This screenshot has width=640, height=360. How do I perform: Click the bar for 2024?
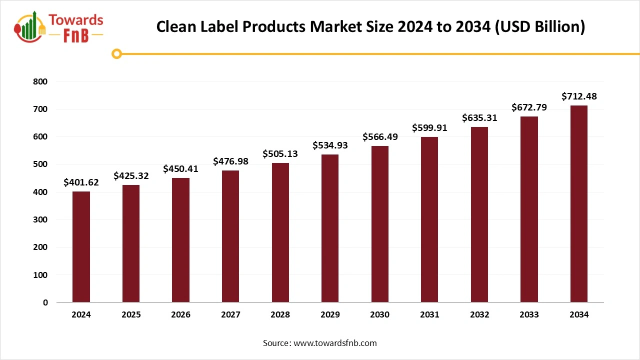pyautogui.click(x=81, y=247)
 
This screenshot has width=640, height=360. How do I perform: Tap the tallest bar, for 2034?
pyautogui.click(x=578, y=204)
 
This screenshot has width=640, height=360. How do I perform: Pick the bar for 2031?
pyautogui.click(x=429, y=219)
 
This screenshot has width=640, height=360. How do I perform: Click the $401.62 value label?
pyautogui.click(x=81, y=182)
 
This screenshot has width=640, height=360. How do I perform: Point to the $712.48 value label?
pyautogui.click(x=579, y=96)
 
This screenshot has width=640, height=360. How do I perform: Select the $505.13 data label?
pyautogui.click(x=280, y=153)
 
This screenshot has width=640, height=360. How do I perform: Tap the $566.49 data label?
pyautogui.click(x=380, y=136)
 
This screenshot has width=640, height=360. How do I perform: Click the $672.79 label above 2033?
pyautogui.click(x=529, y=107)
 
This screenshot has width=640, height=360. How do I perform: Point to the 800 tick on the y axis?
pyautogui.click(x=41, y=81)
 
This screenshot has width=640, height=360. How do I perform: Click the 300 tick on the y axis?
pyautogui.click(x=41, y=219)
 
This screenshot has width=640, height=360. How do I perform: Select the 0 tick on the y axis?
pyautogui.click(x=45, y=302)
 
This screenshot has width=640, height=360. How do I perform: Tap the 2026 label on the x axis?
pyautogui.click(x=180, y=315)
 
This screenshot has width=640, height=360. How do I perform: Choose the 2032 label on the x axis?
pyautogui.click(x=479, y=315)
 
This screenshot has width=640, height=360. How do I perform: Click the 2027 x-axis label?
pyautogui.click(x=230, y=315)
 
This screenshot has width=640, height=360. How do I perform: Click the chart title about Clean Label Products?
pyautogui.click(x=370, y=26)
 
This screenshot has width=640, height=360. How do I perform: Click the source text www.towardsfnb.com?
pyautogui.click(x=334, y=343)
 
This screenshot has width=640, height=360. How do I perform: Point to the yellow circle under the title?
pyautogui.click(x=117, y=53)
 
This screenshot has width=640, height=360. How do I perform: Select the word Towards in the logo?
pyautogui.click(x=76, y=20)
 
